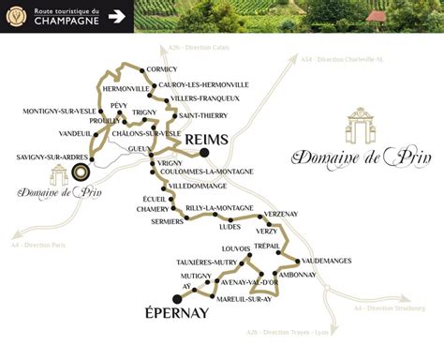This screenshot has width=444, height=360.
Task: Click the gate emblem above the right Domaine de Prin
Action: [361, 127]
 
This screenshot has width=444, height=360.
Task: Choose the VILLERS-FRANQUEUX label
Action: [205, 97]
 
